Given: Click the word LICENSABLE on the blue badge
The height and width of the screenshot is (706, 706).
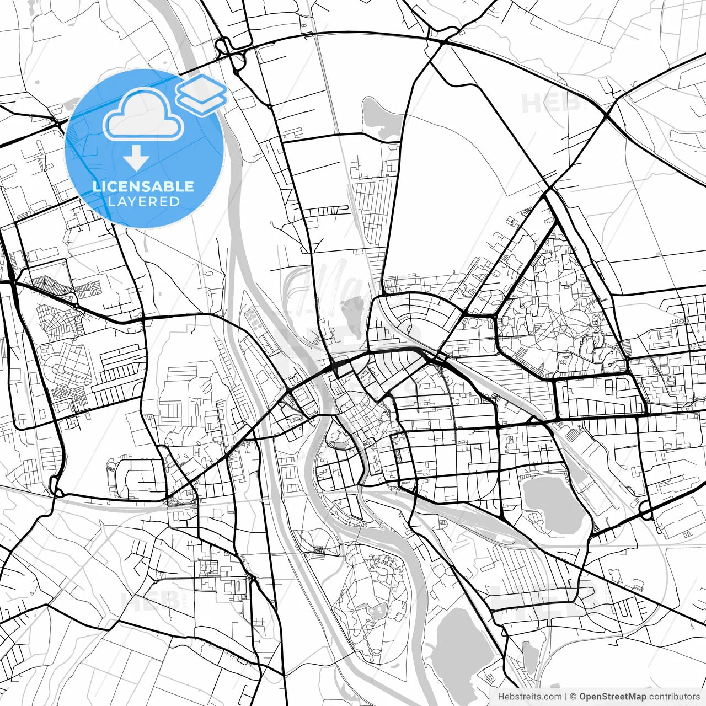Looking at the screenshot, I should click(x=143, y=186).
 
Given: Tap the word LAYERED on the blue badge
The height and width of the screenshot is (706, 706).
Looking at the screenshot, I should click(x=143, y=201).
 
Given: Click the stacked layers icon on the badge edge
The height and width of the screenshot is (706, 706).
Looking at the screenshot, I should click(x=201, y=95).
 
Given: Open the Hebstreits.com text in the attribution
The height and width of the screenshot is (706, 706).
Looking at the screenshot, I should click(x=529, y=697).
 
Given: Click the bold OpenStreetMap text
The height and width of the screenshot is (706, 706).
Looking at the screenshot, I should click(x=613, y=697).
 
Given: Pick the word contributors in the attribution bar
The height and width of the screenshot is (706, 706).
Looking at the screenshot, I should click(x=674, y=697).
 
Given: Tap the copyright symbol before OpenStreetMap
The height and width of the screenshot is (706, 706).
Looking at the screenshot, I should click(x=573, y=697).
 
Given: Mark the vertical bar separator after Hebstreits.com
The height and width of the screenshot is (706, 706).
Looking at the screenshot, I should click(x=566, y=697).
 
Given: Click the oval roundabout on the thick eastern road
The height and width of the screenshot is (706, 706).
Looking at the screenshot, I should click(x=646, y=512).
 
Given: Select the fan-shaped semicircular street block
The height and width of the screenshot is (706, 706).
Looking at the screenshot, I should click(x=411, y=314).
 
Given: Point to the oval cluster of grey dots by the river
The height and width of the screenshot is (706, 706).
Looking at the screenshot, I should click(x=254, y=317).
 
